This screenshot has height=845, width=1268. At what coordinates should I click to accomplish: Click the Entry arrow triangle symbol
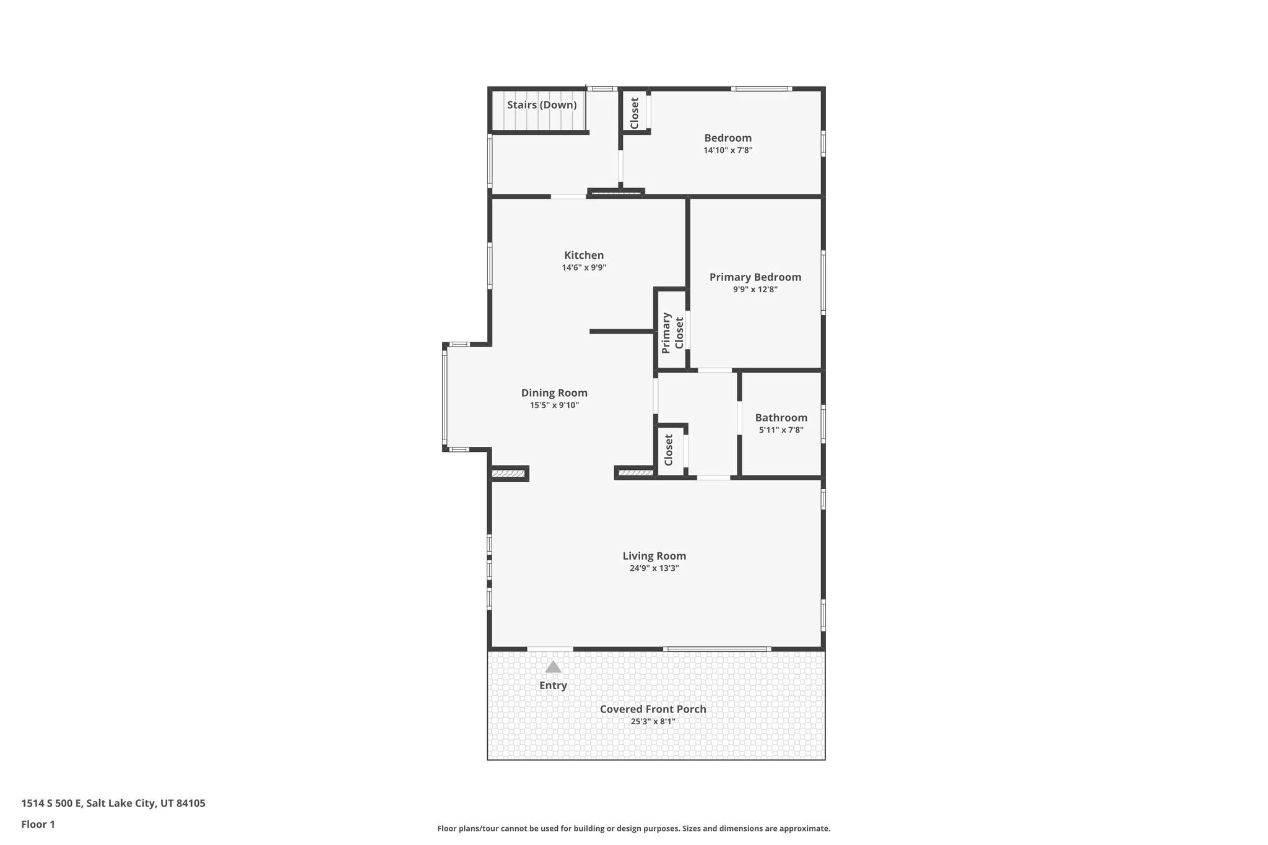[x=553, y=667]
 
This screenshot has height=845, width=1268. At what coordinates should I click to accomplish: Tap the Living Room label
[x=654, y=556]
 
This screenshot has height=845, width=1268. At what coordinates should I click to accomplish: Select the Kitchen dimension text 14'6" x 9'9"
[x=584, y=268]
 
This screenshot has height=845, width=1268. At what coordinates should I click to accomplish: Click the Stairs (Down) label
[x=542, y=105]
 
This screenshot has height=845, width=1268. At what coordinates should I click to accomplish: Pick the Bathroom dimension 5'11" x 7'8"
[x=781, y=430]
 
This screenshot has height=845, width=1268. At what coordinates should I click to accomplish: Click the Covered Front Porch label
[x=653, y=709]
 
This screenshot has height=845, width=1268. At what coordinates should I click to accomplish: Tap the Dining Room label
[x=554, y=393]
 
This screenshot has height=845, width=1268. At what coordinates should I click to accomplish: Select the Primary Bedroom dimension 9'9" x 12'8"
[x=755, y=290]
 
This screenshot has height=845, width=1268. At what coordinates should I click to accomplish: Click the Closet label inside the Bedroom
[x=635, y=113]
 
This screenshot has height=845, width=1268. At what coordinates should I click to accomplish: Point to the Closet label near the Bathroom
[x=669, y=450]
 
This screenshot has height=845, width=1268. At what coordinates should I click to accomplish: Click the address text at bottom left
[x=113, y=804]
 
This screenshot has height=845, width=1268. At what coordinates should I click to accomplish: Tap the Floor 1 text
[x=38, y=825]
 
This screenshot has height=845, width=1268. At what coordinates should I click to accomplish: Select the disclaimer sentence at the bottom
[x=633, y=828]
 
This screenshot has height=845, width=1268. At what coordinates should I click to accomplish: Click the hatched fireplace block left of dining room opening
[x=508, y=474]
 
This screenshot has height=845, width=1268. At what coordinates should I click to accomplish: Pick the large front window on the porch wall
[x=717, y=649]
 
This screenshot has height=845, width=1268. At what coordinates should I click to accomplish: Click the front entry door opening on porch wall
[x=550, y=649]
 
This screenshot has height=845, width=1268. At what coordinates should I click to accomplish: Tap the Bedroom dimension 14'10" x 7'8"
[x=727, y=150]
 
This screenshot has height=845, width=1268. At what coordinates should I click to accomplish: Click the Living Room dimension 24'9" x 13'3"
[x=654, y=568]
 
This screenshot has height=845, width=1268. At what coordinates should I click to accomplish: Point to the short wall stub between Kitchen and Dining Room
[x=622, y=332]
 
